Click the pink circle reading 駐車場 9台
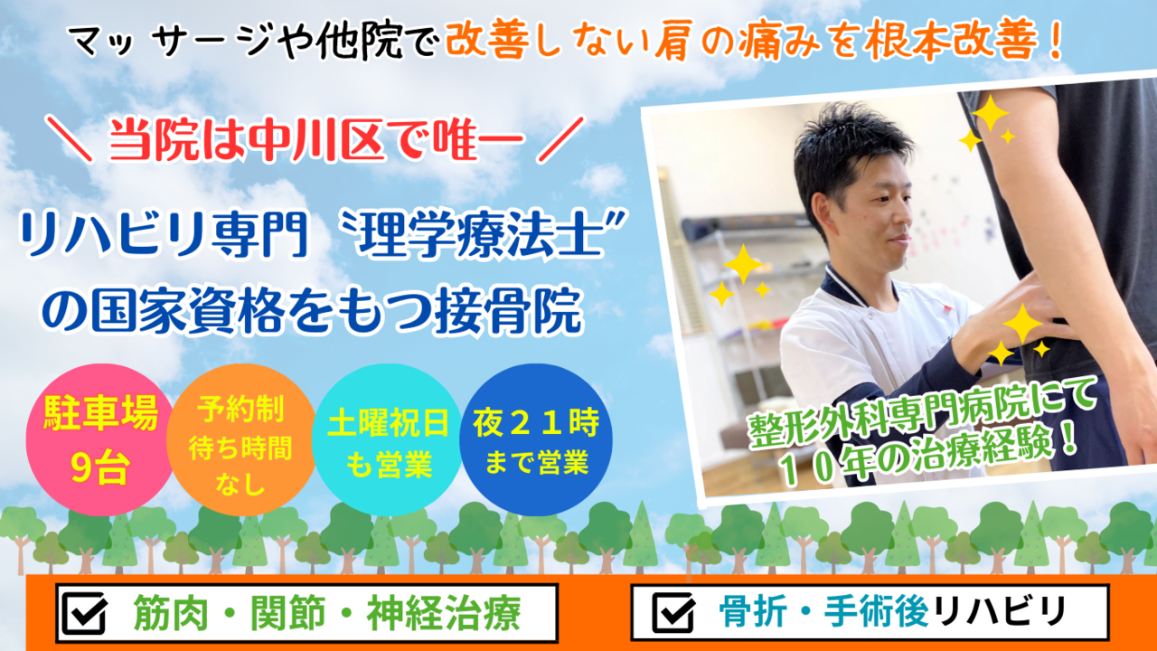tap(100, 439)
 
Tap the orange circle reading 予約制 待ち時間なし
tap(240, 439)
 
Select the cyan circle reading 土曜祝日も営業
tap(388, 439)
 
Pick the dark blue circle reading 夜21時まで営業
tap(536, 439)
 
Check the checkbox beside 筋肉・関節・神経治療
tap(84, 613)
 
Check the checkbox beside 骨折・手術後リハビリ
tap(673, 613)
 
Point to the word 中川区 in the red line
tap(316, 140)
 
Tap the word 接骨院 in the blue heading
tap(509, 311)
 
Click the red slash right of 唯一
tap(560, 140)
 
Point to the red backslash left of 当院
tap(69, 139)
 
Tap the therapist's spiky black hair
tap(847, 150)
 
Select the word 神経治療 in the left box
tap(443, 613)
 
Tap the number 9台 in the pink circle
tap(100, 468)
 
